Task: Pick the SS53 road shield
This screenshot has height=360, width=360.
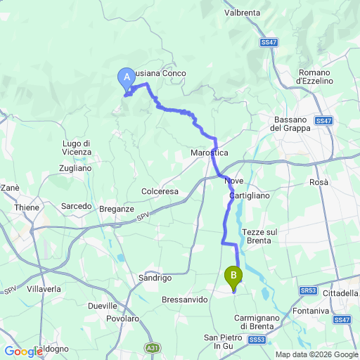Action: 257,339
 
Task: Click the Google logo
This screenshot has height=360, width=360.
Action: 23,351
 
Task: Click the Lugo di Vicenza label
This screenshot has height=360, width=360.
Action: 77,148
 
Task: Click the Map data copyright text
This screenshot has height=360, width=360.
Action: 316,354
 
